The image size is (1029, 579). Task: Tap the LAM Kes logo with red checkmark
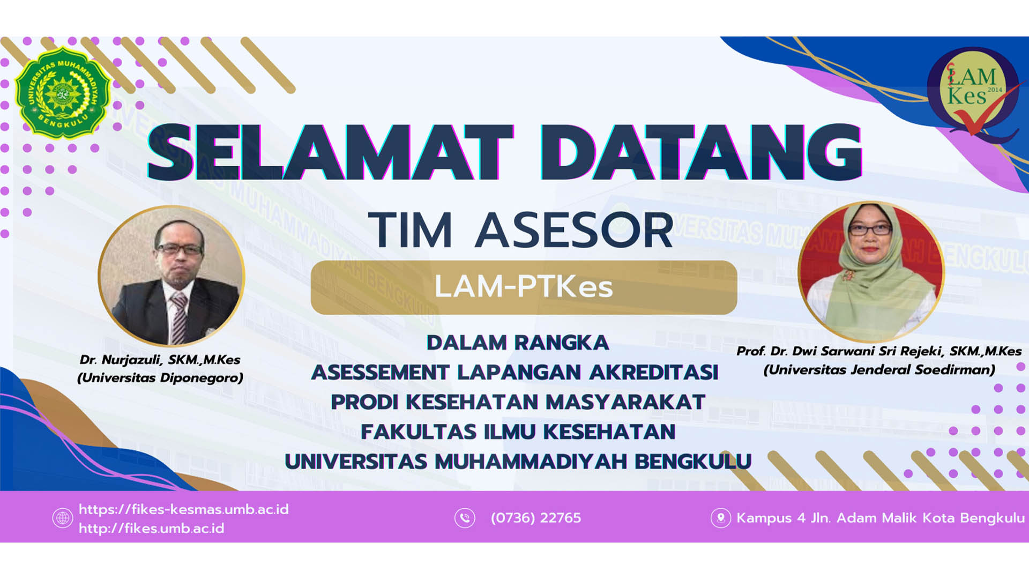tap(973, 92)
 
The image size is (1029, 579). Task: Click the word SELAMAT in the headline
tap(330, 152)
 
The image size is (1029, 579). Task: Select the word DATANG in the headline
tap(700, 152)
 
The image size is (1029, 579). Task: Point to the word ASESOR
tap(574, 230)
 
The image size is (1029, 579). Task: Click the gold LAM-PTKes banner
tap(524, 287)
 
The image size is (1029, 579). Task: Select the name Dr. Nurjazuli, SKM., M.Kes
tap(160, 359)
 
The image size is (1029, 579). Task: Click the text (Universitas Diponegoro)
tap(160, 378)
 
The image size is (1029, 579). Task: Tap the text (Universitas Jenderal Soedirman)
tap(879, 370)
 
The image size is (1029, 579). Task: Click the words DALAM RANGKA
tap(518, 343)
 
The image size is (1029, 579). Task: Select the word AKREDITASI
tap(654, 372)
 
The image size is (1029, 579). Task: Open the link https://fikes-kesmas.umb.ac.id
tap(184, 509)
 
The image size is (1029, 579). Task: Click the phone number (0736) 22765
tap(536, 518)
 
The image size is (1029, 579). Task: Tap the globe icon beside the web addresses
tap(63, 518)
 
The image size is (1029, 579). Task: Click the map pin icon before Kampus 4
tap(721, 518)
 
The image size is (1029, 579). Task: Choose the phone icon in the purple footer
tap(465, 518)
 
